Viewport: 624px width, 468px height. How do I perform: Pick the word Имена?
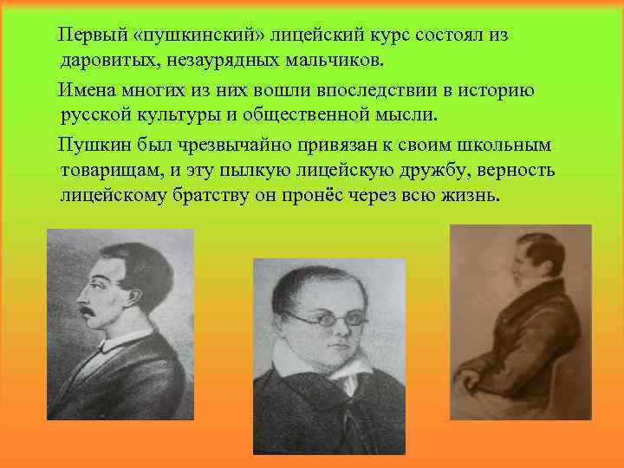(85, 89)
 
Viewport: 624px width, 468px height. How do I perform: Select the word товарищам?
(107, 169)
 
